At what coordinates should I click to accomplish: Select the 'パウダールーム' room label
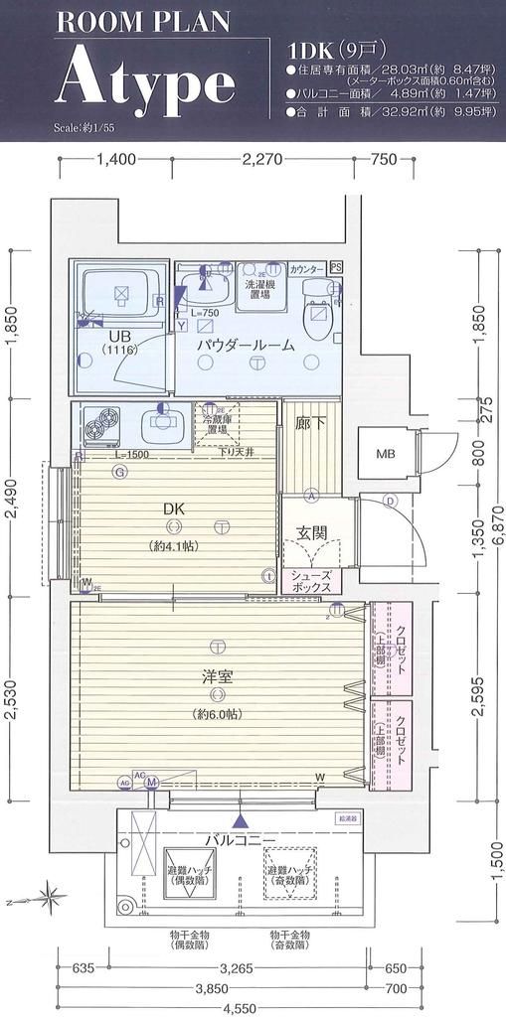(x=245, y=345)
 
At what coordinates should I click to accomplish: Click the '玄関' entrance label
(x=312, y=533)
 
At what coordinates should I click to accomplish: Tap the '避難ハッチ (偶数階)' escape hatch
(x=184, y=873)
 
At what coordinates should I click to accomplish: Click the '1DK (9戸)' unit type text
(x=331, y=49)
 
